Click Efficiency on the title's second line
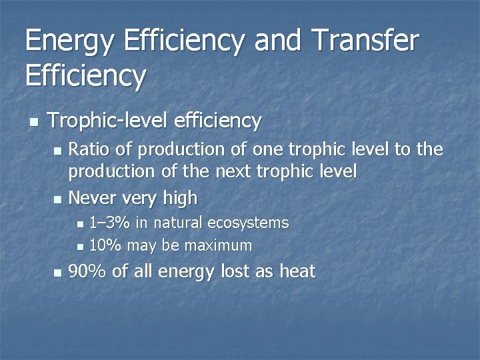point(85,76)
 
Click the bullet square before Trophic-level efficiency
point(33,122)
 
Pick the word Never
point(92,198)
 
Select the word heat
point(297,271)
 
